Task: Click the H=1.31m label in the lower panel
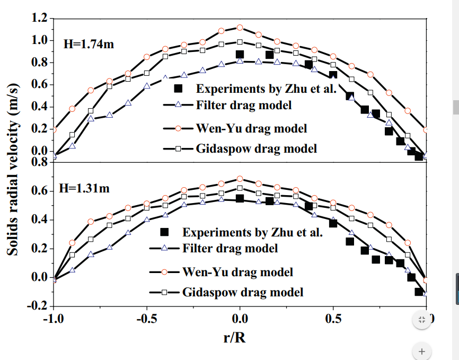85,189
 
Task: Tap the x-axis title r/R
234,337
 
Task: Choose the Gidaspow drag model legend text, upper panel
257,148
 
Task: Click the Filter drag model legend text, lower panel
230,248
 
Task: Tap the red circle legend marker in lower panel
164,272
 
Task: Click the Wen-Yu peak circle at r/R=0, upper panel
240,27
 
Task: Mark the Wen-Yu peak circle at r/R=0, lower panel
240,179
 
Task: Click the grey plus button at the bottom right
422,350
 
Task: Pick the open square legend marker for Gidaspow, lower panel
164,292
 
